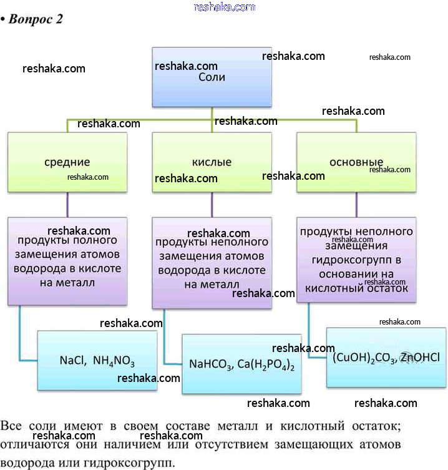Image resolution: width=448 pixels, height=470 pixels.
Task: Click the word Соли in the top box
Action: (212, 77)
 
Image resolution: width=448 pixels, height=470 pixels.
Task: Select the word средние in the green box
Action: (67, 162)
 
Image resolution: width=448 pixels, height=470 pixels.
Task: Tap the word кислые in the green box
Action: (212, 162)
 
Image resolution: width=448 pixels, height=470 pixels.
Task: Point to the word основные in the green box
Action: (356, 162)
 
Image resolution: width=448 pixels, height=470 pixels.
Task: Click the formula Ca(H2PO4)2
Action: (266, 365)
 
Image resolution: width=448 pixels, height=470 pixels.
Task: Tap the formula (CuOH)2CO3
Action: (364, 358)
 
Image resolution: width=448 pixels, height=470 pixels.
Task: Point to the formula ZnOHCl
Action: (420, 358)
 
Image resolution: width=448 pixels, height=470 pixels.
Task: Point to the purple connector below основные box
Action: (357, 205)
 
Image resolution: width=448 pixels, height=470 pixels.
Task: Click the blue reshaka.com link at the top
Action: (225, 7)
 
